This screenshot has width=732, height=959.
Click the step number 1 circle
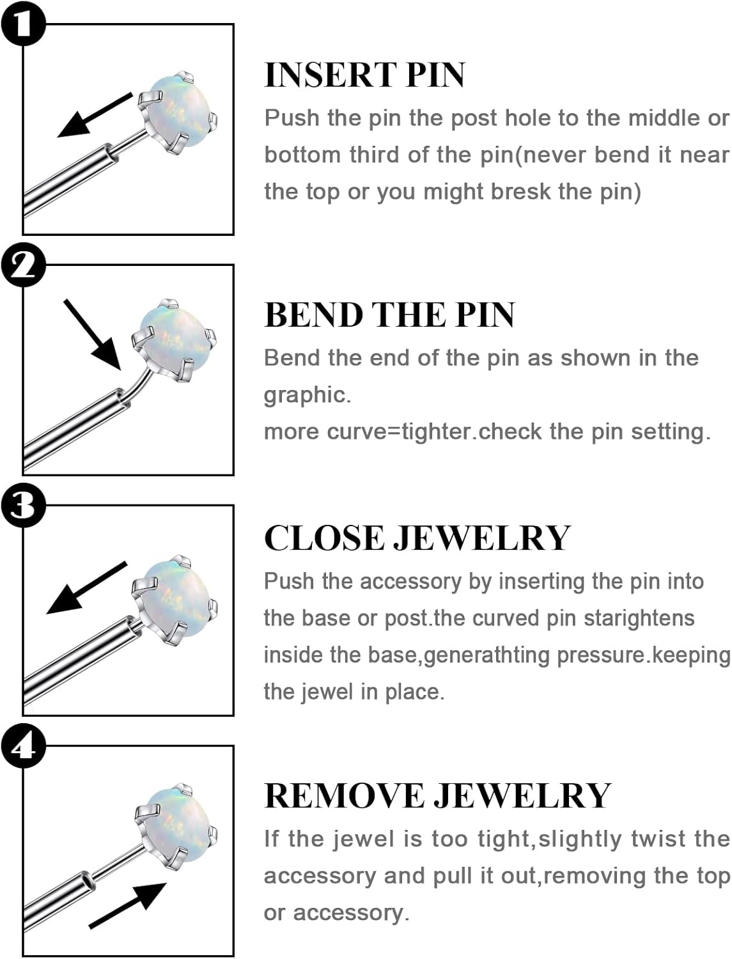click(x=23, y=24)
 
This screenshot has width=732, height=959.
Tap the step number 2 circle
click(x=23, y=264)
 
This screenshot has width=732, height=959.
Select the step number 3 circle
click(x=23, y=505)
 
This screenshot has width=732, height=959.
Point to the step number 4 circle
click(x=23, y=745)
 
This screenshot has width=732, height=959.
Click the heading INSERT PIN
click(x=364, y=75)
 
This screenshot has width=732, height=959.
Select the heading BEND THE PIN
click(x=389, y=315)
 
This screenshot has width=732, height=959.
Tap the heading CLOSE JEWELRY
click(x=417, y=538)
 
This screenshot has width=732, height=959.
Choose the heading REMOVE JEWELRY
click(x=437, y=796)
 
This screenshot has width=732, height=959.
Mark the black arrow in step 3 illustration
click(x=86, y=589)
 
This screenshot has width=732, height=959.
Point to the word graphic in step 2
click(x=307, y=395)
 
